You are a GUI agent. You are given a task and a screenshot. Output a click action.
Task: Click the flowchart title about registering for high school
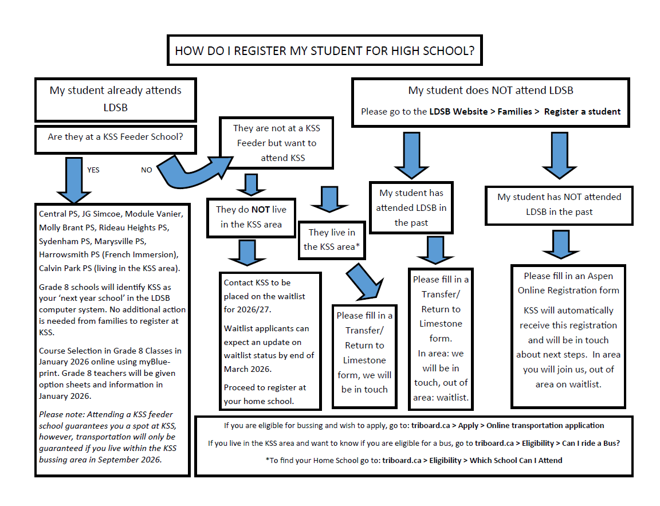324,50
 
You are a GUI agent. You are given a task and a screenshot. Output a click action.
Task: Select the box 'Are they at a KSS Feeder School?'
116,138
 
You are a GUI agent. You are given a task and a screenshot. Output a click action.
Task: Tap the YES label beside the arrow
93,170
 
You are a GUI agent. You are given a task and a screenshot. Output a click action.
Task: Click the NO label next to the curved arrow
147,170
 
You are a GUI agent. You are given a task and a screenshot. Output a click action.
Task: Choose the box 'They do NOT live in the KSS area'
251,217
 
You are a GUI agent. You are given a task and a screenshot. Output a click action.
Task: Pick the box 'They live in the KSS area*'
332,240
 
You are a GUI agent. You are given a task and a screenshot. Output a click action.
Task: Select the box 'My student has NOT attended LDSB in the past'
559,205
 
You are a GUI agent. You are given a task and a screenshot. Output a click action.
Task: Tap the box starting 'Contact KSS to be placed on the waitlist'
270,342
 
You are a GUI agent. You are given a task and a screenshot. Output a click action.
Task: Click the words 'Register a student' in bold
582,112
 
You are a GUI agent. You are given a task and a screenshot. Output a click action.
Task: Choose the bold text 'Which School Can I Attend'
516,460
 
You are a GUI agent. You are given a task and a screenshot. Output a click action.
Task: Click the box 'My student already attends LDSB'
116,99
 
